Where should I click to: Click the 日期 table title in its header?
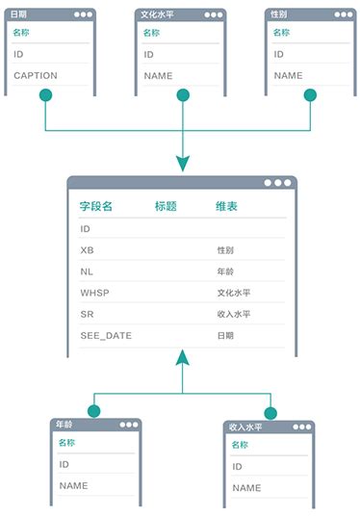point(19,14)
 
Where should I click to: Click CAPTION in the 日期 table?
point(36,75)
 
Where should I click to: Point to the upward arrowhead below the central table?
point(182,359)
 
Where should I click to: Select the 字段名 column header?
point(96,206)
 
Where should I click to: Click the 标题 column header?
point(166,206)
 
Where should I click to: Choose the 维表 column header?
point(227,206)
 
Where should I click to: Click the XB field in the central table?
point(88,250)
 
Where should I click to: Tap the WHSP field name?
point(94,293)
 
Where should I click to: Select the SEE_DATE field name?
point(106,335)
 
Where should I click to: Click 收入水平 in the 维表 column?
point(234,314)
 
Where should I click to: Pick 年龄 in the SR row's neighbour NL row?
point(225,271)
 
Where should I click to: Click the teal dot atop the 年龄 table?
point(93,411)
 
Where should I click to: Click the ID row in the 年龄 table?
point(64,464)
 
